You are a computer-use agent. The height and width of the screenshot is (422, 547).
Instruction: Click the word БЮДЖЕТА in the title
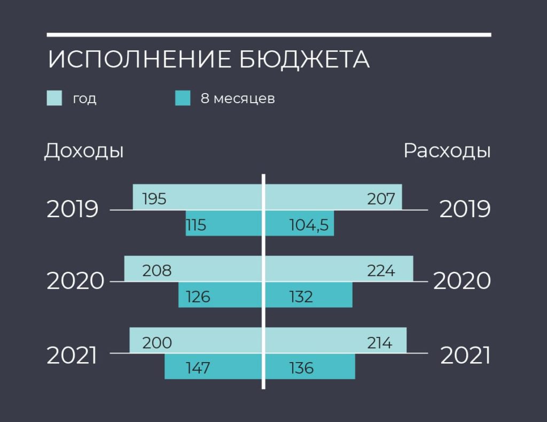[x=304, y=59]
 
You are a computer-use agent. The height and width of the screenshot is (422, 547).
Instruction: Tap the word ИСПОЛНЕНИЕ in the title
[x=139, y=59]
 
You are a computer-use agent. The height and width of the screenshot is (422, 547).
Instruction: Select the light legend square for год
[x=54, y=98]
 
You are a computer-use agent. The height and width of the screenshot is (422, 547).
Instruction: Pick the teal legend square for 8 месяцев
[x=183, y=98]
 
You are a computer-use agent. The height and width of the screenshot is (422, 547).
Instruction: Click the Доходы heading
[x=84, y=151]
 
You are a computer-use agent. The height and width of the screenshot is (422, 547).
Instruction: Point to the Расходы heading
[x=447, y=151]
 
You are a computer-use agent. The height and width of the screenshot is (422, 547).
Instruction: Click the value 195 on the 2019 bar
[x=154, y=199]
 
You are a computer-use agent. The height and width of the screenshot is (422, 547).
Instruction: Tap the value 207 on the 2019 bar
[x=381, y=199]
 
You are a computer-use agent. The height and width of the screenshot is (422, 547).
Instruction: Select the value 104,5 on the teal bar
[x=309, y=225]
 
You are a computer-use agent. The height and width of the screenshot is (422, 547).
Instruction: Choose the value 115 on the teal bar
[x=196, y=225]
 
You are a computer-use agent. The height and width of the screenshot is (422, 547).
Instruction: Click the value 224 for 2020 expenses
[x=381, y=271]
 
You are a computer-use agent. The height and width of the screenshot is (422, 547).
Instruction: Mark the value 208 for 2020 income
[x=157, y=271]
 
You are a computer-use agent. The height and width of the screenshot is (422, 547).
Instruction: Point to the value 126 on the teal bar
[x=198, y=297]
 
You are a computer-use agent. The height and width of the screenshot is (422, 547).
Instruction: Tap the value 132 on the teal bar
[x=301, y=297]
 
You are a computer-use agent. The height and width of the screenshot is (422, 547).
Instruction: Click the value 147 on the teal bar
[x=198, y=368]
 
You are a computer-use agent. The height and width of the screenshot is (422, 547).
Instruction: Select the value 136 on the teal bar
[x=301, y=368]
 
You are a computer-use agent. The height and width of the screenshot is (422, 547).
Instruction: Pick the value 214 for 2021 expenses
[x=380, y=343]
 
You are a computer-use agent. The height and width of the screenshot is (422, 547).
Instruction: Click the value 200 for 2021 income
[x=157, y=343]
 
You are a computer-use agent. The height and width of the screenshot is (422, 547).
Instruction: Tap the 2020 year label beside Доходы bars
[x=75, y=281]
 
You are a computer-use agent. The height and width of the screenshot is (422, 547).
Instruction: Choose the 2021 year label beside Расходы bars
[x=465, y=356]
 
